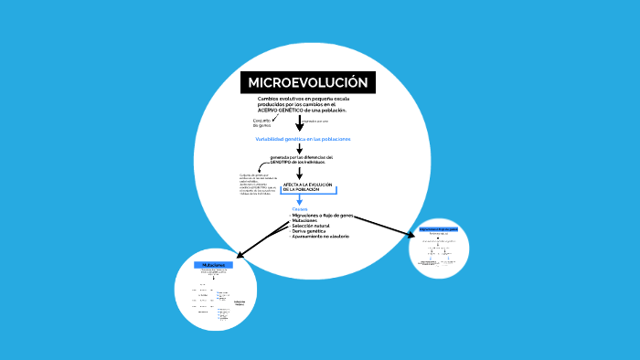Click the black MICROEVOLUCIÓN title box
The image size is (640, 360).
coord(307,83)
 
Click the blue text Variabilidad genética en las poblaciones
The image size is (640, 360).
coord(303,139)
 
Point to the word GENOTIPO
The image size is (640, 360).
coord(272,162)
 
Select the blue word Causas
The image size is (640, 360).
coord(299,209)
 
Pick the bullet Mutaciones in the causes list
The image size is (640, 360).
coord(304,221)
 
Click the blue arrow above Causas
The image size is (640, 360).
coord(299,200)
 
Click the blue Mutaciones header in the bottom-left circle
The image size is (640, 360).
coord(213,264)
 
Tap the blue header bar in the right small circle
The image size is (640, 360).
coord(438,228)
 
